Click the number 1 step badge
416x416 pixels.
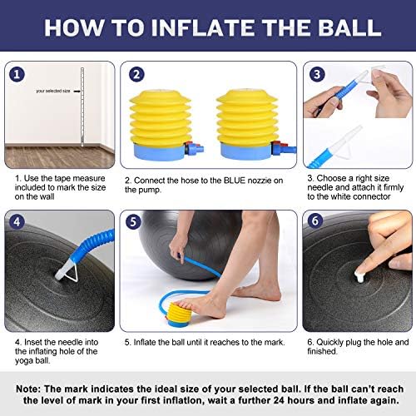17,74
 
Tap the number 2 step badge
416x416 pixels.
136,74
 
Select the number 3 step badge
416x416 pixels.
317,74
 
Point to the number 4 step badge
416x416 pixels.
17,222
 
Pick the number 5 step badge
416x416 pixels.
133,222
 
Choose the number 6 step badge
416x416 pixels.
315,220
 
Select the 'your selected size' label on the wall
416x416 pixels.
53,91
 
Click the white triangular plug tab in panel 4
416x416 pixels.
72,272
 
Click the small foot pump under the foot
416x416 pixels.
178,314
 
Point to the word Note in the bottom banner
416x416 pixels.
27,389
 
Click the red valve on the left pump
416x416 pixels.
190,146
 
